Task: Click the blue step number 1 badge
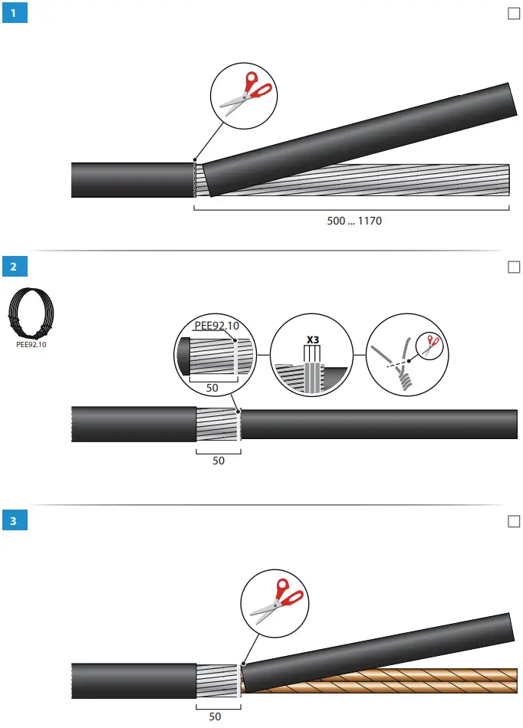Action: click(x=15, y=14)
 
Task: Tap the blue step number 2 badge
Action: click(x=15, y=267)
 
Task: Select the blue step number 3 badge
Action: click(x=15, y=521)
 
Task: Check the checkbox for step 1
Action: click(x=514, y=14)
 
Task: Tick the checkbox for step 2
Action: click(x=514, y=267)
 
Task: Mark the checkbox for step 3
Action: click(x=514, y=521)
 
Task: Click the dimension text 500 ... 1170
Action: click(x=354, y=221)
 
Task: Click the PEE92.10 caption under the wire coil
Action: click(x=31, y=345)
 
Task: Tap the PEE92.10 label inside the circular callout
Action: click(x=216, y=326)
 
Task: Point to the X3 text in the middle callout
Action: click(x=312, y=338)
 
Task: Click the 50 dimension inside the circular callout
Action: click(x=212, y=388)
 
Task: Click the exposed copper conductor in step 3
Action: click(x=383, y=681)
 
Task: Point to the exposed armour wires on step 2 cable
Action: click(x=218, y=425)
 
